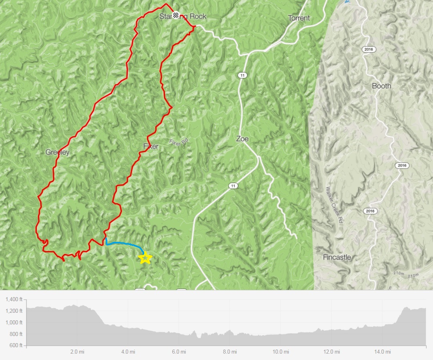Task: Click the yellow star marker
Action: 145,258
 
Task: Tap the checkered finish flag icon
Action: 176,16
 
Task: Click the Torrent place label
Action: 299,18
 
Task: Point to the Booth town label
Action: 381,86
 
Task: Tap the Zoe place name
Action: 242,139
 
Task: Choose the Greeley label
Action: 57,152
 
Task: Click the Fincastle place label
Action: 337,257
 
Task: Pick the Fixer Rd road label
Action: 179,142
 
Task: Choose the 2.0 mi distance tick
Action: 77,352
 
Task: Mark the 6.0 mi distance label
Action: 178,352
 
